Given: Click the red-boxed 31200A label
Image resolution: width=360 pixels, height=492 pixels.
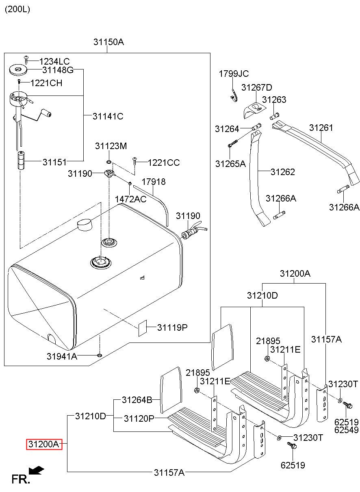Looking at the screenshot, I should pos(44,445).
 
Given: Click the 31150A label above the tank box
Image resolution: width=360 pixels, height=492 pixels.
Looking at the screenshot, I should pos(108,42).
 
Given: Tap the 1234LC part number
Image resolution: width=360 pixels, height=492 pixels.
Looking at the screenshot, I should pos(54,61).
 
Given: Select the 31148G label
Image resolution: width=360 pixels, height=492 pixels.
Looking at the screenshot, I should pos(58,70).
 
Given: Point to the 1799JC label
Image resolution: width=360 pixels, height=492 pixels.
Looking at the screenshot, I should pos(234,74).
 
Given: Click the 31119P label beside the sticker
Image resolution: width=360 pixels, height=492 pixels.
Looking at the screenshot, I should pos(172,327).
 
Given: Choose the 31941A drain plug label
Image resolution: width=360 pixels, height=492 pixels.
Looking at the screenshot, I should pos(62,356).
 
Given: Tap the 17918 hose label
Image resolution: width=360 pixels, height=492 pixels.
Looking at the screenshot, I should pos(154,182).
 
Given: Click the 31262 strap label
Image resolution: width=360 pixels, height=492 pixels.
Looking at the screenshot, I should pos(283,172).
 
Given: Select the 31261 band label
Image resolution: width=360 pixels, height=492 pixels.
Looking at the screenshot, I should pos(321,128).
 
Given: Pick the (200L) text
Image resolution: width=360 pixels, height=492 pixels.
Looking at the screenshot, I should pos(17,9).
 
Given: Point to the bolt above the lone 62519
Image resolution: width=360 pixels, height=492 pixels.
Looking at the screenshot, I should pos(291,446).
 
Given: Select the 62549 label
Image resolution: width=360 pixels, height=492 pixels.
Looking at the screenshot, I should pos(346,429).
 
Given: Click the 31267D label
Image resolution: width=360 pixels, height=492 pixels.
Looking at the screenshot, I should pos(256,88).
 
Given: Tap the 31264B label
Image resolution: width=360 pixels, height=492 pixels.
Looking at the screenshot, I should pos(137,400).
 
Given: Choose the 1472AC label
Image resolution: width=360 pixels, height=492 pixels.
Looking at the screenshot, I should pos(130,199).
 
